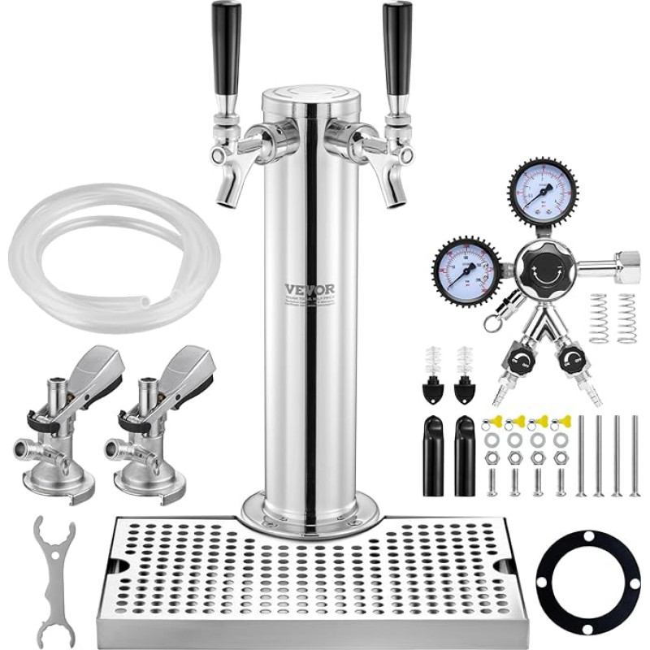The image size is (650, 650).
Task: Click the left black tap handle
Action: (x=226, y=49)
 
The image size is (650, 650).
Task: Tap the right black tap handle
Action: (x=397, y=49)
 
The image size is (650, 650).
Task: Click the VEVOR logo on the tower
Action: (x=310, y=289)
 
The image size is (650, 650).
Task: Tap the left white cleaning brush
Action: (x=432, y=361)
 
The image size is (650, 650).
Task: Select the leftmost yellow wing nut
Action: (x=492, y=422)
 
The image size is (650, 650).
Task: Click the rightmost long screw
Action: (x=635, y=455)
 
